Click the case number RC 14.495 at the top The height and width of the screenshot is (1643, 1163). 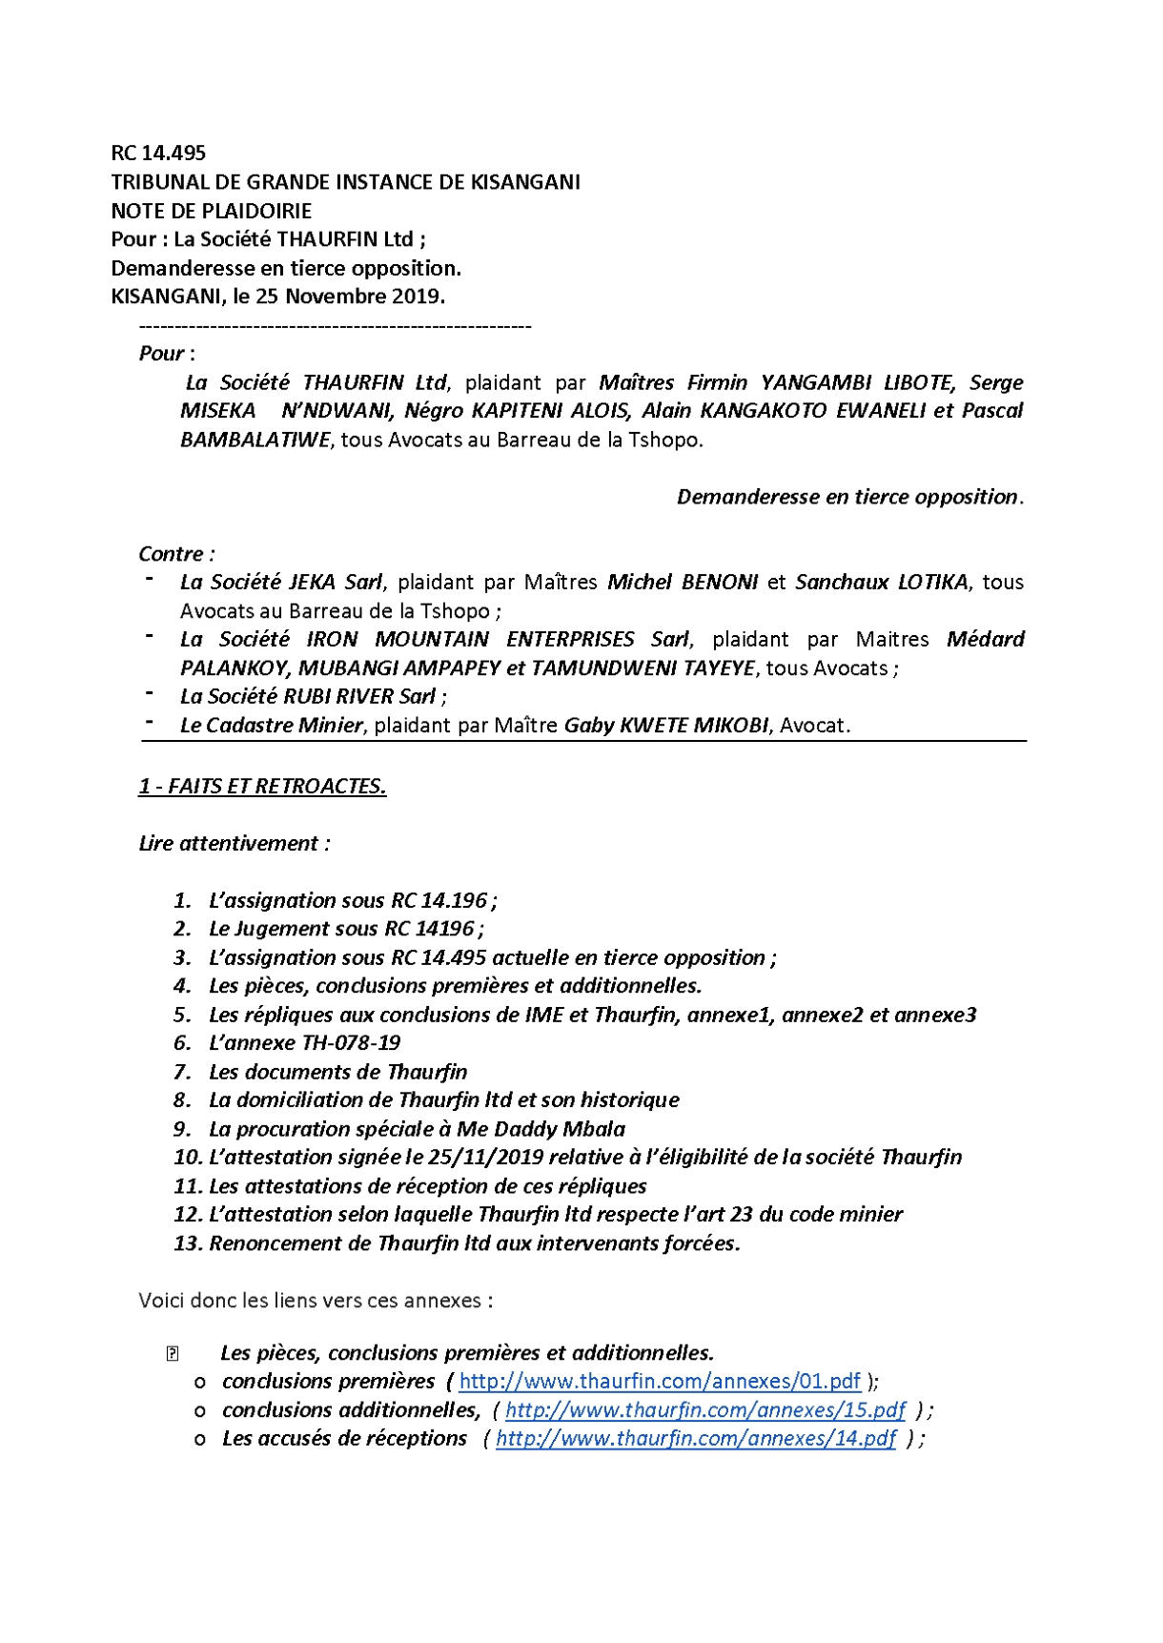tap(158, 153)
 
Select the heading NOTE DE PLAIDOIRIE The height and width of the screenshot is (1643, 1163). tap(211, 210)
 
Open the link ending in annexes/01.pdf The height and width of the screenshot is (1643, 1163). tap(660, 1381)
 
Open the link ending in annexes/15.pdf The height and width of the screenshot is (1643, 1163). tap(704, 1409)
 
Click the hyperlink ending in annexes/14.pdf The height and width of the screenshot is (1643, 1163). tap(696, 1438)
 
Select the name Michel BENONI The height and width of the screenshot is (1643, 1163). tap(683, 582)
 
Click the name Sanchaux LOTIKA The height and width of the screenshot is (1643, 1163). tap(881, 582)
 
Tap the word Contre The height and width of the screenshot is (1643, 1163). tap(173, 554)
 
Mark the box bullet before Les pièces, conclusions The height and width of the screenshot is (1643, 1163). tap(172, 1353)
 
